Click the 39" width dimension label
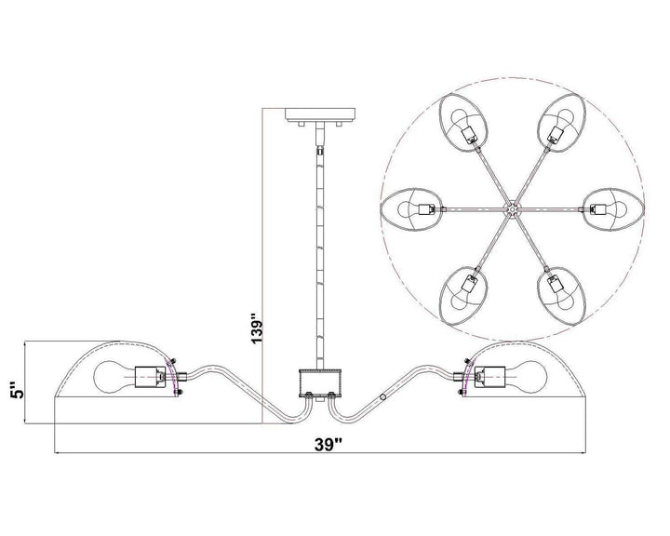click(328, 445)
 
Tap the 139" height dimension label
click(256, 329)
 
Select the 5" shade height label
click(19, 389)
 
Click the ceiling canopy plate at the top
click(319, 114)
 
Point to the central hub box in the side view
click(319, 383)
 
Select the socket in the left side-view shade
click(151, 378)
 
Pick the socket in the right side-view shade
click(489, 378)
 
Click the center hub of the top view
click(511, 209)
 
